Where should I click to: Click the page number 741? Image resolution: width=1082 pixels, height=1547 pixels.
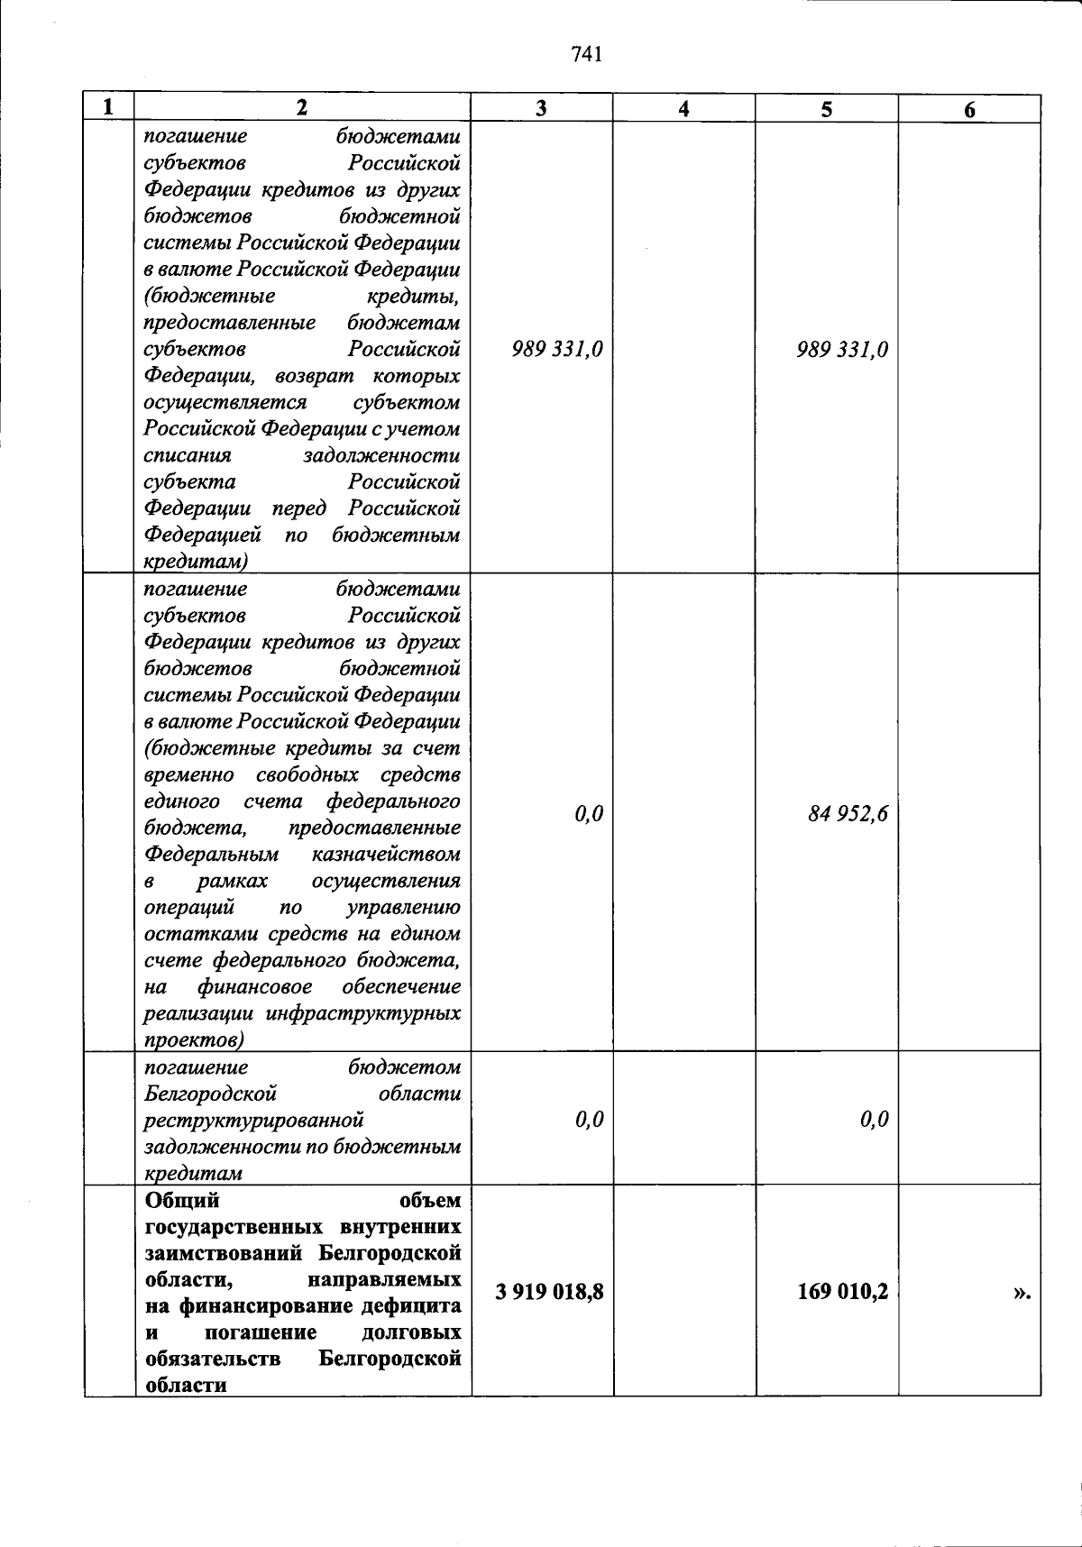586,55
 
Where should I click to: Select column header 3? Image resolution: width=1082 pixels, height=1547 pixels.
541,108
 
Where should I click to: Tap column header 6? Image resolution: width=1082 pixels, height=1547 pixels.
969,110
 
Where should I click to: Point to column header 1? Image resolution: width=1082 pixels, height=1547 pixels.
108,107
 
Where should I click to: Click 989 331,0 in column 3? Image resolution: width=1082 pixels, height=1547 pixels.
557,349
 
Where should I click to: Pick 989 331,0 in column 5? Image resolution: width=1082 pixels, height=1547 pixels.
842,349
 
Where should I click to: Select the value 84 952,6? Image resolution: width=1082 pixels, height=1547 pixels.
848,814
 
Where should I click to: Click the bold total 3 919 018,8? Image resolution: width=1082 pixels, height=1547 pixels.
549,1292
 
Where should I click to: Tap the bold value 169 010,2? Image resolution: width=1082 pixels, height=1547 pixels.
843,1292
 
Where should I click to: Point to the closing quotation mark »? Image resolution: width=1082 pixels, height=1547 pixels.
1021,1294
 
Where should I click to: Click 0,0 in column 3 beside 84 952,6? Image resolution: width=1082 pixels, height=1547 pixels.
589,814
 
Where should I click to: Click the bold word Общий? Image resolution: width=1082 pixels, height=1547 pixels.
182,1200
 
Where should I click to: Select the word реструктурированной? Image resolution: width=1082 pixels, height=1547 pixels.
254,1120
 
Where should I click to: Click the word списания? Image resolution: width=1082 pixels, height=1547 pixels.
188,455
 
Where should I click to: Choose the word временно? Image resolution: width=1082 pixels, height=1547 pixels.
189,774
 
